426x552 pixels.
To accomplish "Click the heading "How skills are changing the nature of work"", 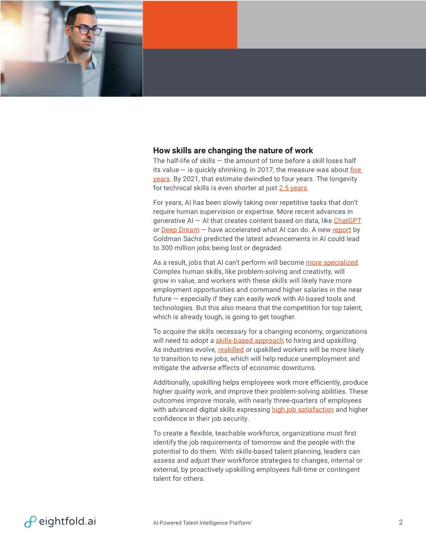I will tap(233, 151).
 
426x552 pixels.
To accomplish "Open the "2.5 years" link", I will tap(293, 188).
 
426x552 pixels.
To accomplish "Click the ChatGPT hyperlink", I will tap(347, 221).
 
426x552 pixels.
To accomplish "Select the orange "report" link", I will tap(341, 230).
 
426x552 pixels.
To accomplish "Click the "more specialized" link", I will tap(332, 262).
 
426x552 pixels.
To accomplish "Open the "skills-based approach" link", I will tap(250, 341).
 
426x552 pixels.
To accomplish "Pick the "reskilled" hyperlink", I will tap(231, 350).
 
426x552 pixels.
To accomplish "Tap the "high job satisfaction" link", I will tap(303, 410).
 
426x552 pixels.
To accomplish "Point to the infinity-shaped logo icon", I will tap(30, 522).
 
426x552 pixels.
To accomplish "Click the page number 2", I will tap(400, 522).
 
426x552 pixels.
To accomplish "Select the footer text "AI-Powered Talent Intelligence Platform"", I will tap(201, 523).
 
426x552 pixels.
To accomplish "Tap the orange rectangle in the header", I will tap(190, 25).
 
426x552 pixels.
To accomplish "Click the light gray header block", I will tap(332, 25).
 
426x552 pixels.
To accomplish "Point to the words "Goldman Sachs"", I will tap(176, 239).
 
